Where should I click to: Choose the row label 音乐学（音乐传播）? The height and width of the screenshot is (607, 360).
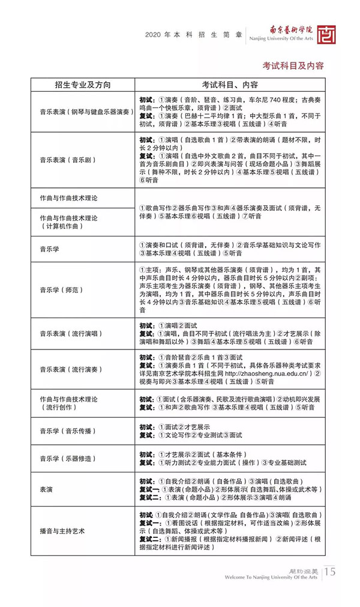(x=69, y=431)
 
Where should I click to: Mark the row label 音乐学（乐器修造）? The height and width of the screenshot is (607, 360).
(x=69, y=458)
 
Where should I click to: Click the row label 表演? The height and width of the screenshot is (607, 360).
(x=47, y=489)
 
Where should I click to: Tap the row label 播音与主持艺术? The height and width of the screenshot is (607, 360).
(x=62, y=531)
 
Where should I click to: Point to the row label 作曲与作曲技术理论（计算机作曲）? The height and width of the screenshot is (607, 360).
(x=68, y=222)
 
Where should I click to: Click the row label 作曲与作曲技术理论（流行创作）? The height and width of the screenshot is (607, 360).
(x=68, y=403)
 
